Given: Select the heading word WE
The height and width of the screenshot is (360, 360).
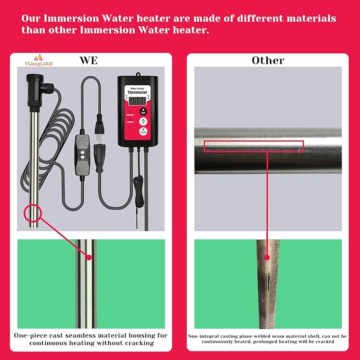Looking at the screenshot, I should (x=89, y=60).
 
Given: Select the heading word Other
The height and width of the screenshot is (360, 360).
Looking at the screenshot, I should (x=268, y=60).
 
